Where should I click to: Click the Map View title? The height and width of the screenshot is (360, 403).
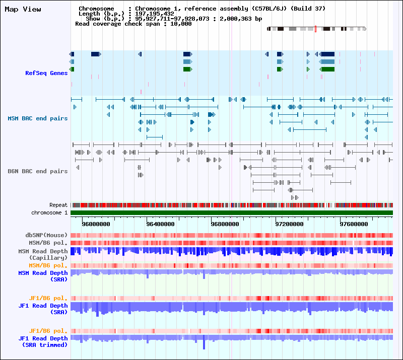pyautogui.click(x=23, y=9)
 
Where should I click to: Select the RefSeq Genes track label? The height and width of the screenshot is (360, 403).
pyautogui.click(x=46, y=73)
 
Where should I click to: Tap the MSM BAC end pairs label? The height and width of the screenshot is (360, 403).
pyautogui.click(x=38, y=118)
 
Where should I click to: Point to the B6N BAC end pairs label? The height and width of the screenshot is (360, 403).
pyautogui.click(x=38, y=171)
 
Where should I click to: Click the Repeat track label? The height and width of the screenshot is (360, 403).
pyautogui.click(x=58, y=205)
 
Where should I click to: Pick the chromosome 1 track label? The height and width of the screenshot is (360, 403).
pyautogui.click(x=49, y=212)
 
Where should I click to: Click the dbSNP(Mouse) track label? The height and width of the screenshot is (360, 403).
pyautogui.click(x=46, y=235)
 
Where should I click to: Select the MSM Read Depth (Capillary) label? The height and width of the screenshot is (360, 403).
pyautogui.click(x=43, y=254)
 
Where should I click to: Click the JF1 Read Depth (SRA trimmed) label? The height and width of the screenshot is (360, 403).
pyautogui.click(x=43, y=342)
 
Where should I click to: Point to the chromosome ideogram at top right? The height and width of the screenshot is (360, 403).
pyautogui.click(x=316, y=29)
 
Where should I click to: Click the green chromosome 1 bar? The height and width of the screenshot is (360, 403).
pyautogui.click(x=232, y=212)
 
